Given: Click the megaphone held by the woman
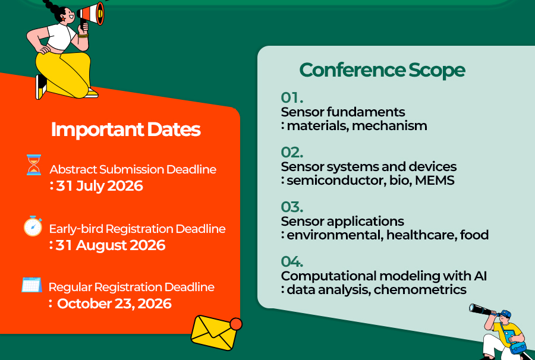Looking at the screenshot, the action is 90,14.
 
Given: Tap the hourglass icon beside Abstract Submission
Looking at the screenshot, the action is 34,165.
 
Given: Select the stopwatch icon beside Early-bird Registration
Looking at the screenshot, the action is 33,226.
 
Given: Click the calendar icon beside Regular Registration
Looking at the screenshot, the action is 32,285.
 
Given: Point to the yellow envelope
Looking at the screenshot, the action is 213,333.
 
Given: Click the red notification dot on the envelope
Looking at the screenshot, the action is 236,324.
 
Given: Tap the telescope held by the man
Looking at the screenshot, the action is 481,310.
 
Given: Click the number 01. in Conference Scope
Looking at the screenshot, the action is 292,97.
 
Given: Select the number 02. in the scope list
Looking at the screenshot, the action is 292,152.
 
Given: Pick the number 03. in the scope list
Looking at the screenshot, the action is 292,207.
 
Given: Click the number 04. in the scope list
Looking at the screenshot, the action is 292,261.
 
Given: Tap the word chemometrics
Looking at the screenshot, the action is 420,289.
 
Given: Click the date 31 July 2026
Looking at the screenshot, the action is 99,186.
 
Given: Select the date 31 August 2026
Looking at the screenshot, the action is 111,245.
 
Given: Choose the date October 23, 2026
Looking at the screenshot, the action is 114,304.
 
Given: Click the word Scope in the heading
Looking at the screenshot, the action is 437,71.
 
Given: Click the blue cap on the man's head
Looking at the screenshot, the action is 506,313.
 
